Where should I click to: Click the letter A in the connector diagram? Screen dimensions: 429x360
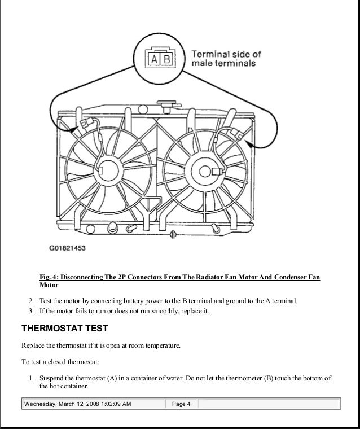pos(155,59)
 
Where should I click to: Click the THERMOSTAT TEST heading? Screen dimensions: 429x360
pos(64,328)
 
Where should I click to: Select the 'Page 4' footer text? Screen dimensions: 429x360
pos(181,404)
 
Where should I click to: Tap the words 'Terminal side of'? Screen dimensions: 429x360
pos(227,54)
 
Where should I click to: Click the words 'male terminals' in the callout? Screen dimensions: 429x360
pos(224,63)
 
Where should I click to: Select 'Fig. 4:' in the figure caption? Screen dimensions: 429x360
pos(49,278)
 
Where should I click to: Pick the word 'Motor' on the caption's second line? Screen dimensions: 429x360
pos(49,286)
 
